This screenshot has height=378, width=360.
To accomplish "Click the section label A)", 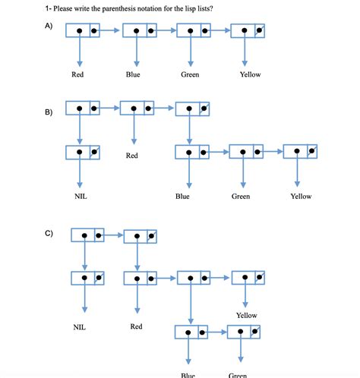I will point(49,26).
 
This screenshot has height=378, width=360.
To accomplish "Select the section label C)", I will point(49,232).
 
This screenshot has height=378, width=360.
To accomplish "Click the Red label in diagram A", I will point(77,74).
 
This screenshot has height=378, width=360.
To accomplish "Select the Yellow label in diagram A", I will point(250,74).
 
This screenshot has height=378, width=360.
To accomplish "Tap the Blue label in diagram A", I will point(133,74).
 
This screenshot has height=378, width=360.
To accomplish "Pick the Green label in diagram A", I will point(190,74).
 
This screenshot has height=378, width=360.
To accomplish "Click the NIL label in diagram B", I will point(81,196).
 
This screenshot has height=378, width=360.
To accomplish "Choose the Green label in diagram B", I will point(241,196).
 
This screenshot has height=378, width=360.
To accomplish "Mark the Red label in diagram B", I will point(132,156).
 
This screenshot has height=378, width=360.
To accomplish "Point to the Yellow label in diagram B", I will point(301,196).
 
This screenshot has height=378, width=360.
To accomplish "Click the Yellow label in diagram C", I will point(246,315).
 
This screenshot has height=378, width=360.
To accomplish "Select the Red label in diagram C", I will point(136,326).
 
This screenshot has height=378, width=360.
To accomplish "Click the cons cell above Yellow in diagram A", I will point(248,31).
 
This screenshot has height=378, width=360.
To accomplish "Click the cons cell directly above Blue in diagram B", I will point(191,152).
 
